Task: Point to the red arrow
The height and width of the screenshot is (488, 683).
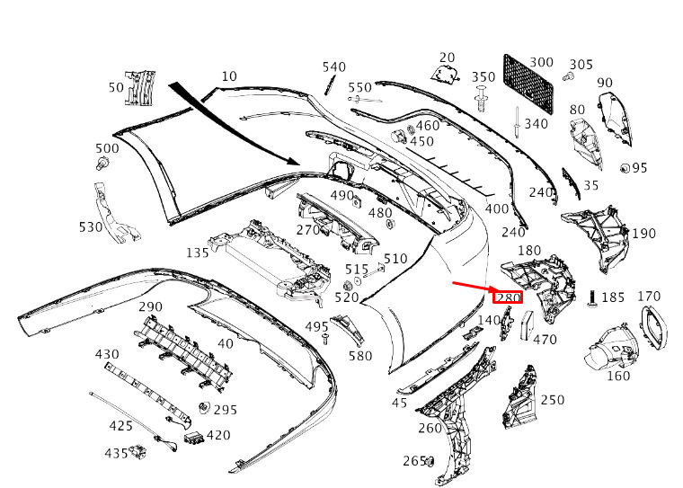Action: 472,288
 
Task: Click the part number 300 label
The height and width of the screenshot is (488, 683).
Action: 541,62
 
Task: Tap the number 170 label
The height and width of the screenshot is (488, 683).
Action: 648,297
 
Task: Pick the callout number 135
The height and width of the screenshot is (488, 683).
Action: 198,253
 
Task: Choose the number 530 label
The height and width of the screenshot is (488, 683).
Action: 91,227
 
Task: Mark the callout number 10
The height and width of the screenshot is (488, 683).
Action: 229,76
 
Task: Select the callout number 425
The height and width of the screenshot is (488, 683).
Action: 120,424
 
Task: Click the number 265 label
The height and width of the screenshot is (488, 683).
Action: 413,460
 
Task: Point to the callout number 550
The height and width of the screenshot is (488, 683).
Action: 360,87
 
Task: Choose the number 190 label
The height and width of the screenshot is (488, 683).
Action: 643,234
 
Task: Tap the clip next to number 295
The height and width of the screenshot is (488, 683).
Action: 203,409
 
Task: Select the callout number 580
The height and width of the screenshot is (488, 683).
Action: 359,356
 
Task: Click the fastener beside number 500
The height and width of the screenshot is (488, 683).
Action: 102,164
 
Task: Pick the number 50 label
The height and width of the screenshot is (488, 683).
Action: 116,87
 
